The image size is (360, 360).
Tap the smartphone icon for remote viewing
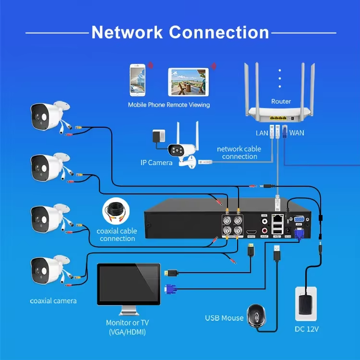138,80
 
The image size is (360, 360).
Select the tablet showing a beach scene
188,82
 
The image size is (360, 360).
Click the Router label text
281,101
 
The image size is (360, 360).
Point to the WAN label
297,132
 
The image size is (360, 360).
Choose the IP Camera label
156,163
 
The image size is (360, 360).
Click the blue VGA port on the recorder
298,219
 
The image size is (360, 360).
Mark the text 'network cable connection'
239,153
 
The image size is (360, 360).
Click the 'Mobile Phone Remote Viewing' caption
168,105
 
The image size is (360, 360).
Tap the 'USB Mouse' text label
224,318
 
